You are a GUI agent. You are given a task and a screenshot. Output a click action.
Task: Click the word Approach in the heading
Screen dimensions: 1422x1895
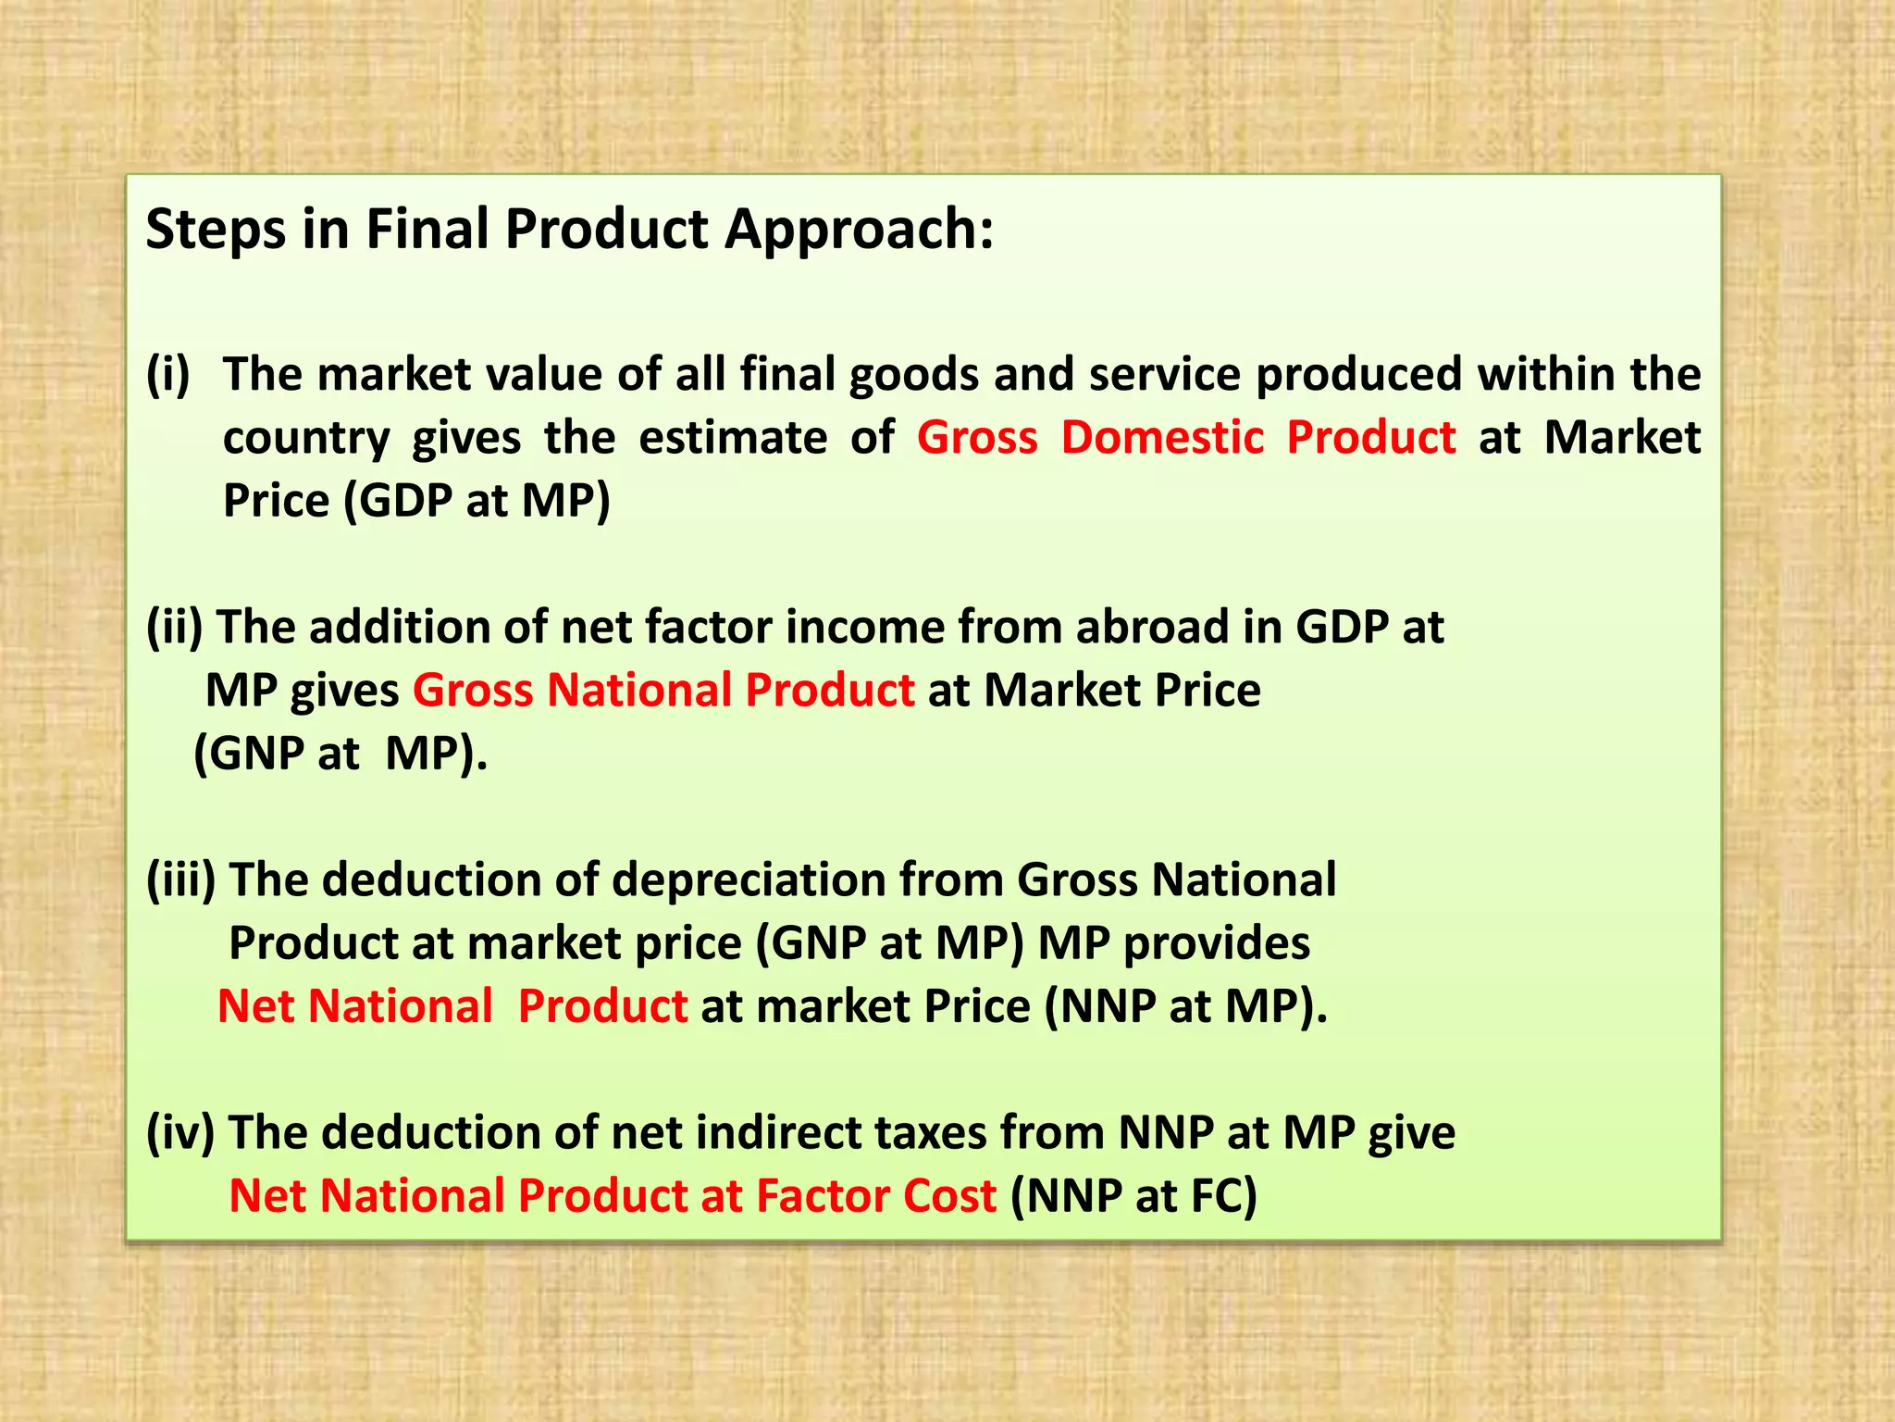(x=858, y=229)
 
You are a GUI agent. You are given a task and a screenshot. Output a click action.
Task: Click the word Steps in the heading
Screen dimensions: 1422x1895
(x=216, y=229)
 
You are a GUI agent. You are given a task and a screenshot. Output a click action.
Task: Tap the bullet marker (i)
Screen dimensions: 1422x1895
(x=168, y=374)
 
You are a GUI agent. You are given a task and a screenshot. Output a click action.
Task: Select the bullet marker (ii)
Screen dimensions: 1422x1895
(x=175, y=627)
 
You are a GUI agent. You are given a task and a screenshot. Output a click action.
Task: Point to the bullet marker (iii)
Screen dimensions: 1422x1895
(x=181, y=879)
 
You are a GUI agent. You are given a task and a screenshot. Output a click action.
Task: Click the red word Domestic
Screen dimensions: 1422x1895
(x=1162, y=437)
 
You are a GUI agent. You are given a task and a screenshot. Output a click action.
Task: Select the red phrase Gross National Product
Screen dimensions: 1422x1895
(x=663, y=691)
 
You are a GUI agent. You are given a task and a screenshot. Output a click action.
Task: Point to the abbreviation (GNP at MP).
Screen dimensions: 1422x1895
(x=340, y=754)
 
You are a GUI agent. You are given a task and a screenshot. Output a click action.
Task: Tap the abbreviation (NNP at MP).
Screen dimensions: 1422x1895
(x=1185, y=1006)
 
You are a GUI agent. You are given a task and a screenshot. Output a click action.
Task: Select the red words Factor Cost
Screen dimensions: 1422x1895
(x=875, y=1196)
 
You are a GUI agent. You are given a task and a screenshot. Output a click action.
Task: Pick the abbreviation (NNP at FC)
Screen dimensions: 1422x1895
(x=1133, y=1196)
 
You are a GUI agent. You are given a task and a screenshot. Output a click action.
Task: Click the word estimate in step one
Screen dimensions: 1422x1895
(x=733, y=437)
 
